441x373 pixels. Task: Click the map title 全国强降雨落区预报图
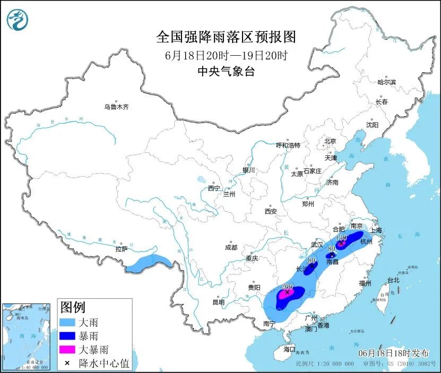pyautogui.click(x=226, y=37)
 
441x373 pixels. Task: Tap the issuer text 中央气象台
pyautogui.click(x=226, y=72)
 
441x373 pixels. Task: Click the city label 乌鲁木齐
pyautogui.click(x=116, y=107)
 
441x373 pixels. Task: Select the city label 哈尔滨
pyautogui.click(x=386, y=82)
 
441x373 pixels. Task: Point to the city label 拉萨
pyautogui.click(x=121, y=249)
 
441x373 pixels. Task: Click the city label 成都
pyautogui.click(x=231, y=247)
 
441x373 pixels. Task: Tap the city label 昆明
pyautogui.click(x=218, y=302)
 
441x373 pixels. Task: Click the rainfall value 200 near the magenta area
pyautogui.click(x=288, y=287)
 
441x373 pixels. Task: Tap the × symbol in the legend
pyautogui.click(x=67, y=363)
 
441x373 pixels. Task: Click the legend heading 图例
pyautogui.click(x=73, y=307)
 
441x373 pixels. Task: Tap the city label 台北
pyautogui.click(x=393, y=280)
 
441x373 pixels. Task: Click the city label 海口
pyautogui.click(x=289, y=349)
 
